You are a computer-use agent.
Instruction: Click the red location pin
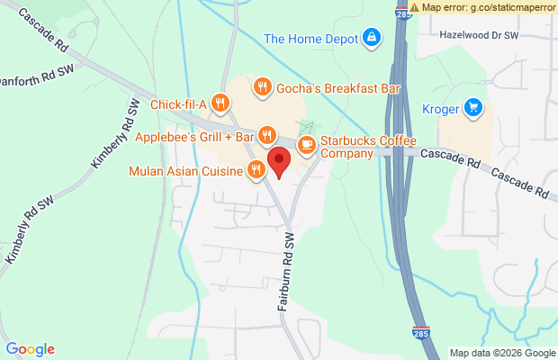[x=280, y=163]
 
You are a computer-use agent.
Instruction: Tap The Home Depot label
[x=310, y=38]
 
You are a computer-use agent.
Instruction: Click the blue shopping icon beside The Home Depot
[x=371, y=37]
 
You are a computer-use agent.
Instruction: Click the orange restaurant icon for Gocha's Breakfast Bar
[x=262, y=87]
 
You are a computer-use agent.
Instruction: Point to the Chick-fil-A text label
[x=179, y=105]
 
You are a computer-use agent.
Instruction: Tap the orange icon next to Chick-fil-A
[x=219, y=105]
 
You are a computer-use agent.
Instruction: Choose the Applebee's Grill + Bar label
[x=194, y=137]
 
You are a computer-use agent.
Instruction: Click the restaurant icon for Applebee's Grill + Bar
[x=266, y=136]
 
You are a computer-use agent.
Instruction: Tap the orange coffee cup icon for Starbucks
[x=307, y=143]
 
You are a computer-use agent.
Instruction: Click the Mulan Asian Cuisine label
[x=186, y=169]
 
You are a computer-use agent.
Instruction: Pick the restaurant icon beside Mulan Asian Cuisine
[x=256, y=169]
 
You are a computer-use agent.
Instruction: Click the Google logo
[x=30, y=349]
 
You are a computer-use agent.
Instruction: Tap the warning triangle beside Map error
[x=414, y=6]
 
